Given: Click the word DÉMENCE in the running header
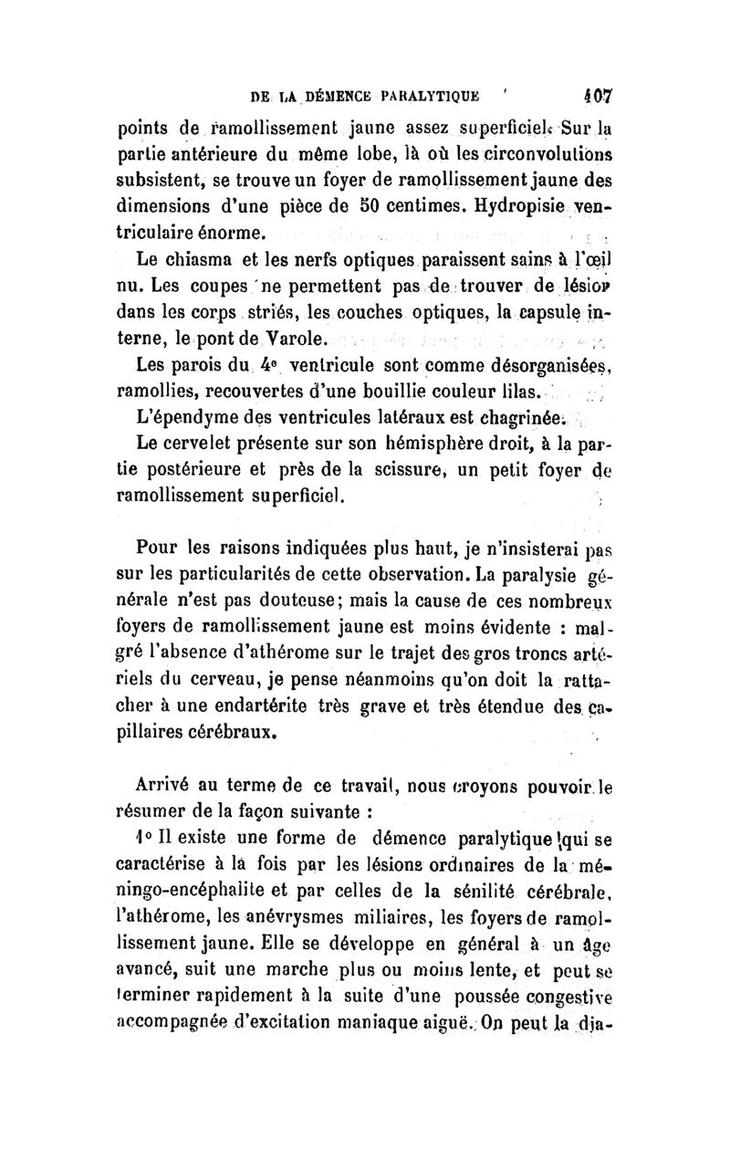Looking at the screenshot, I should (x=318, y=94).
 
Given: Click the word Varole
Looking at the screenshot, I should (x=294, y=340).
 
